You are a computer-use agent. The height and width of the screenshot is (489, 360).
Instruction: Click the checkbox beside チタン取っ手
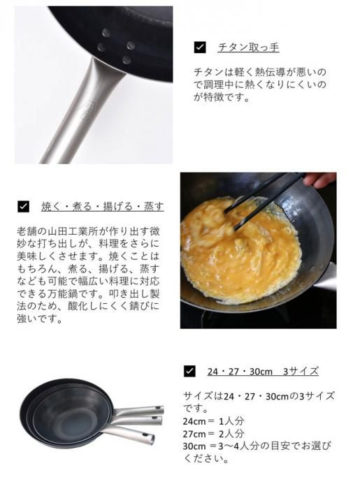(200, 47)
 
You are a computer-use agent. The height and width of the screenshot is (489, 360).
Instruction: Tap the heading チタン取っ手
(248, 48)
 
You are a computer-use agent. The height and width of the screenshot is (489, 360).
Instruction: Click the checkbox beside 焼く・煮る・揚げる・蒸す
(23, 207)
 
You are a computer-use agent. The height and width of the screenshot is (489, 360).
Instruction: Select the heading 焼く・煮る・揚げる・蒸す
(103, 207)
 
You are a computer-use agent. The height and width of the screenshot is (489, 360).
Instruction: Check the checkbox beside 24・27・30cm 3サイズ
(189, 371)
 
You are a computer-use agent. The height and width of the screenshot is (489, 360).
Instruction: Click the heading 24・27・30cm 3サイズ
(263, 372)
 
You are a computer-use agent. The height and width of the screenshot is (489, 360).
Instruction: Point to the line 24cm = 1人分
(213, 421)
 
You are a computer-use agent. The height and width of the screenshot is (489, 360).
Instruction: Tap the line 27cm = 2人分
(213, 434)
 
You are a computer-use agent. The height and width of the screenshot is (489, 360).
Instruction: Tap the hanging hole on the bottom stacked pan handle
(144, 435)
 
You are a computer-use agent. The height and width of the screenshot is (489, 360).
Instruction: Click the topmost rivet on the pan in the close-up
(106, 32)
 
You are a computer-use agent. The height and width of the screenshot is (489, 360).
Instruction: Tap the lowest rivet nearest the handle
(127, 60)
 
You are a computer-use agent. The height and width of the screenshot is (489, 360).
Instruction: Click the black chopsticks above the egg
(262, 200)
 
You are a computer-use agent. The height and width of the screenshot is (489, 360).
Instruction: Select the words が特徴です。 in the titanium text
(222, 97)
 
